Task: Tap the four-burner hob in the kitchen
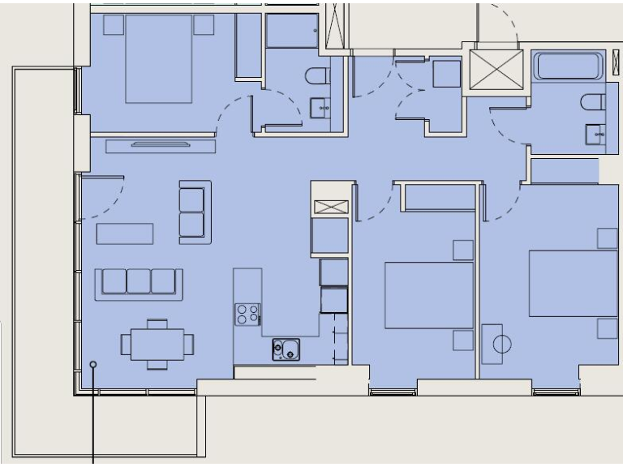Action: pos(247,314)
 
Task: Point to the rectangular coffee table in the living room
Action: pos(125,233)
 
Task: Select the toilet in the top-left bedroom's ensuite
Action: pos(317,77)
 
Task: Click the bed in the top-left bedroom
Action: pos(159,58)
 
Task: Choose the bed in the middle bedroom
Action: pos(428,295)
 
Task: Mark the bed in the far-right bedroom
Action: pos(573,283)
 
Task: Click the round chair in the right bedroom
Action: pos(501,344)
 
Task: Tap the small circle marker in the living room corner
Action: pos(93,365)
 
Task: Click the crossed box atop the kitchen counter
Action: pos(331,206)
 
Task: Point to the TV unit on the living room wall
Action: pos(161,146)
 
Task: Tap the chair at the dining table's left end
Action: pos(127,344)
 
